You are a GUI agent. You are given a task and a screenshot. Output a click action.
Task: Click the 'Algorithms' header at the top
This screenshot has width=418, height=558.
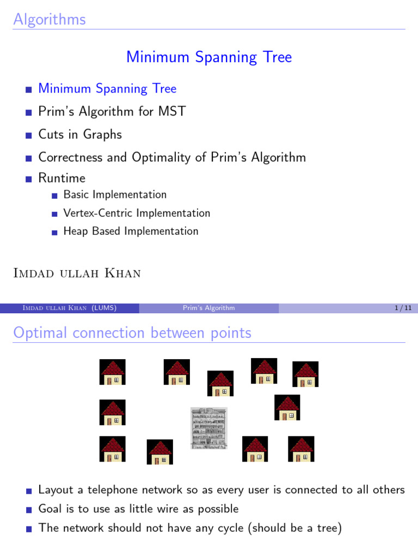click(50, 20)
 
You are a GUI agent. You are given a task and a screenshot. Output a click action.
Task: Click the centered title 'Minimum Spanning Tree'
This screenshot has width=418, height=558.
click(209, 57)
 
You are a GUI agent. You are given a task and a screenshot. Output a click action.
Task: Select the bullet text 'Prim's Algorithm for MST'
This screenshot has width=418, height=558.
click(112, 112)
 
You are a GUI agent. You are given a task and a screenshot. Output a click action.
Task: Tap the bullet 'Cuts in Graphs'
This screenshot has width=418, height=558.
click(80, 135)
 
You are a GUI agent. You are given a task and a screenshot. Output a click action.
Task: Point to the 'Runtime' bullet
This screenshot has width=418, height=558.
click(62, 178)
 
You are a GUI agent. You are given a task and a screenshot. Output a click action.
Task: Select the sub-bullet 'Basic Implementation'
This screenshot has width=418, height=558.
click(115, 195)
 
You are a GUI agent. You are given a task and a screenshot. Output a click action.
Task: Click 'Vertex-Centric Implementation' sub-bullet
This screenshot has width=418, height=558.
click(137, 213)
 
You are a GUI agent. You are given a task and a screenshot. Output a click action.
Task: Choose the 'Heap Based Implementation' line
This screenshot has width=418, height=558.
click(131, 231)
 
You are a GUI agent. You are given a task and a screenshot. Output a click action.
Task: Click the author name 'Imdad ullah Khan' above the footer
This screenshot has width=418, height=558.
click(77, 274)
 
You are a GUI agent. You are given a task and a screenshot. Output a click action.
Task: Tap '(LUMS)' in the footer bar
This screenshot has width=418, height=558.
click(104, 308)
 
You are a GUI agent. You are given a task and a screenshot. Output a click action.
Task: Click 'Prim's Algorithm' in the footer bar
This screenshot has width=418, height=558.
click(209, 308)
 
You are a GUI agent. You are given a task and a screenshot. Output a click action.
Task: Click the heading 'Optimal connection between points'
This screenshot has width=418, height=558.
click(132, 333)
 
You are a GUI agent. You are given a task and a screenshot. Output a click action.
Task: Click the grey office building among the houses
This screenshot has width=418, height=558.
click(208, 428)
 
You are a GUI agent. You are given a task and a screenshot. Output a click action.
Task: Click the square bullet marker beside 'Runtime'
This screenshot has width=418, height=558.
click(29, 179)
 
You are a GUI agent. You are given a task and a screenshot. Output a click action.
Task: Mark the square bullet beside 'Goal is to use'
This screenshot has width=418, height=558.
click(29, 510)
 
